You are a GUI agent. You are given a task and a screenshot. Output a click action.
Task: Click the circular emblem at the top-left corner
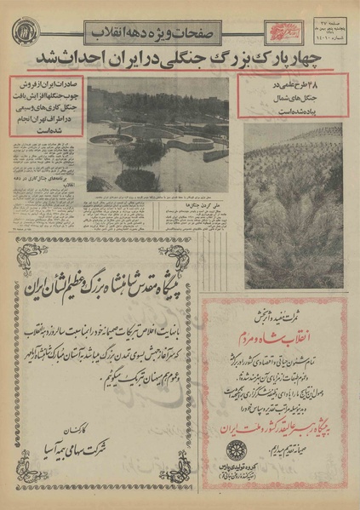click(x=24, y=32)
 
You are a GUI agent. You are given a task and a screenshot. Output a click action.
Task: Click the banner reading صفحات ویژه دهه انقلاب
click(x=154, y=32)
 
